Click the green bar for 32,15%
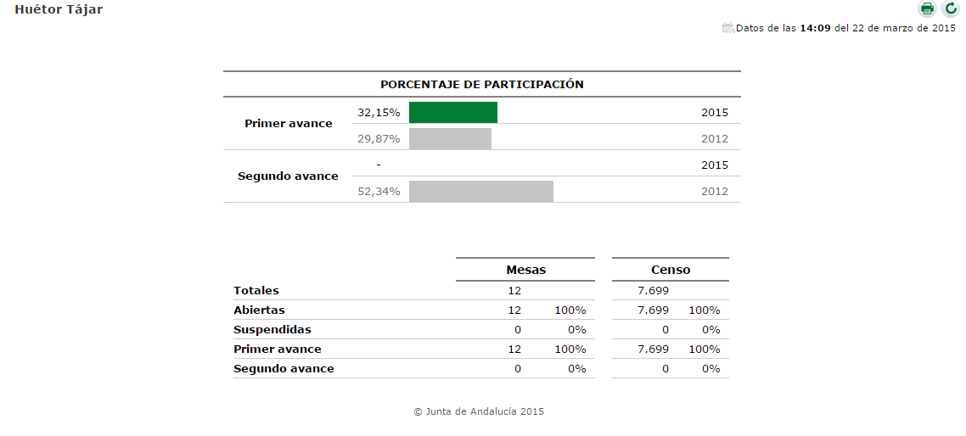(452, 112)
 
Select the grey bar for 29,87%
(450, 138)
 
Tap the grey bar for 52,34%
(480, 191)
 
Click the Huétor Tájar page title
(59, 9)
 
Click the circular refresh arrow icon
(950, 9)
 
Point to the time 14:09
(815, 28)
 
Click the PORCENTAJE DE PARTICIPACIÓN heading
(481, 85)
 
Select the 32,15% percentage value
(379, 112)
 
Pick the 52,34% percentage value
(379, 191)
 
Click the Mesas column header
(525, 270)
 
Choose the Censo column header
(671, 270)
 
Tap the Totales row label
(256, 291)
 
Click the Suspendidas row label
(272, 329)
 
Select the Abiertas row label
(259, 310)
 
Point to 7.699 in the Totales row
(653, 291)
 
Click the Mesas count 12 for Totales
(514, 291)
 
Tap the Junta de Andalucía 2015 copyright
(479, 411)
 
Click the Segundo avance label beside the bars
(288, 176)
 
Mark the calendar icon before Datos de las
(727, 28)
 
